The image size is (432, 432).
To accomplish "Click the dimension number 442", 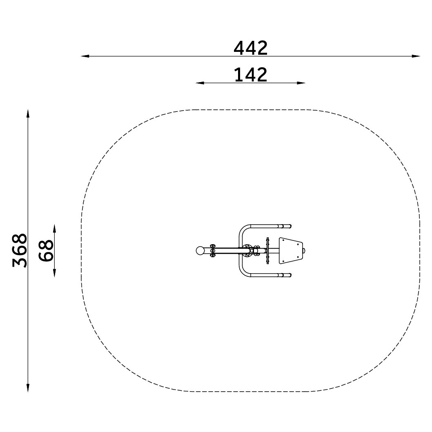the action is tap(250, 48).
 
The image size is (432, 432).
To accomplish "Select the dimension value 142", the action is tap(250, 75).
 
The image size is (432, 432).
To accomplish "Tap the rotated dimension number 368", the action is tap(20, 250).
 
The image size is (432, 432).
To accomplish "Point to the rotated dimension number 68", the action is tap(46, 250).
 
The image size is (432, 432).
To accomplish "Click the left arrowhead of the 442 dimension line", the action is tap(85, 56).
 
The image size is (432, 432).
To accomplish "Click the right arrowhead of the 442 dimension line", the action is tap(416, 56).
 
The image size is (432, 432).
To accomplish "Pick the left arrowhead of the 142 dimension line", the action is tap(200, 83).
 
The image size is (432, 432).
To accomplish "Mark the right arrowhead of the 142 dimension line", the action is tap(301, 83).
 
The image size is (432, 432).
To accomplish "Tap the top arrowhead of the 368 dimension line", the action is tap(28, 114).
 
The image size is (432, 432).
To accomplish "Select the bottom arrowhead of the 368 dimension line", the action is tap(28, 387).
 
